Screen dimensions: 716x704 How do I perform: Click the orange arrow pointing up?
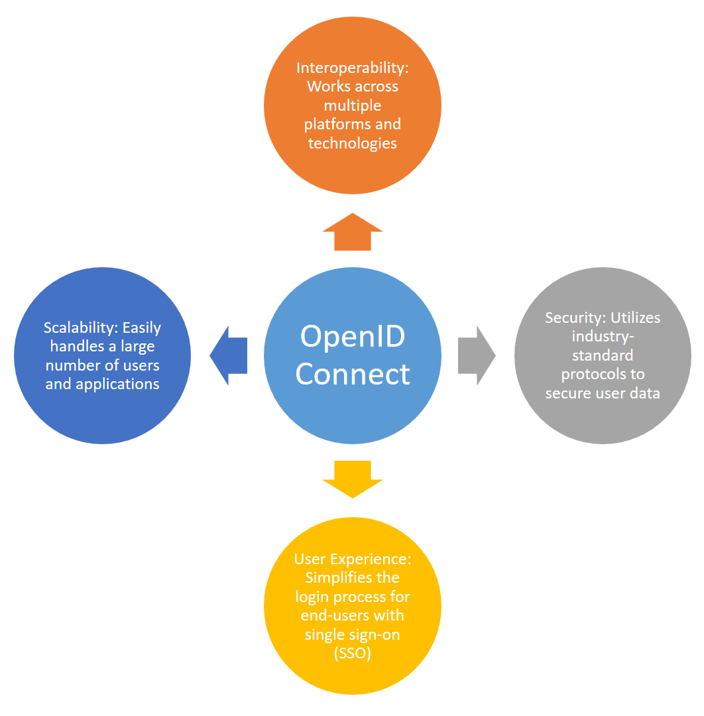tap(353, 233)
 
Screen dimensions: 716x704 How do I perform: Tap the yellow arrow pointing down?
tap(353, 479)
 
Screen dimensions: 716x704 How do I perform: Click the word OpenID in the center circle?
tap(353, 335)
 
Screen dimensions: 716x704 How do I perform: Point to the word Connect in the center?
tap(353, 374)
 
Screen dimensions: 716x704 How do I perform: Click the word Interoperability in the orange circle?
tap(349, 68)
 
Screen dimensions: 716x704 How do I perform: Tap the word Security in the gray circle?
tap(574, 318)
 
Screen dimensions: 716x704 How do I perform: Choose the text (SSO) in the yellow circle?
tap(353, 653)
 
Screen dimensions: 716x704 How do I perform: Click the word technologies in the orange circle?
tap(353, 143)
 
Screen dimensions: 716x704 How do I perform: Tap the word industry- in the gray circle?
tap(603, 337)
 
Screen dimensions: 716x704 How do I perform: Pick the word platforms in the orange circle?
tap(337, 124)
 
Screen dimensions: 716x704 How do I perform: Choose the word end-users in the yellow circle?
tap(331, 615)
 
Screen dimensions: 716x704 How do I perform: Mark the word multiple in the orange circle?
tap(353, 105)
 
